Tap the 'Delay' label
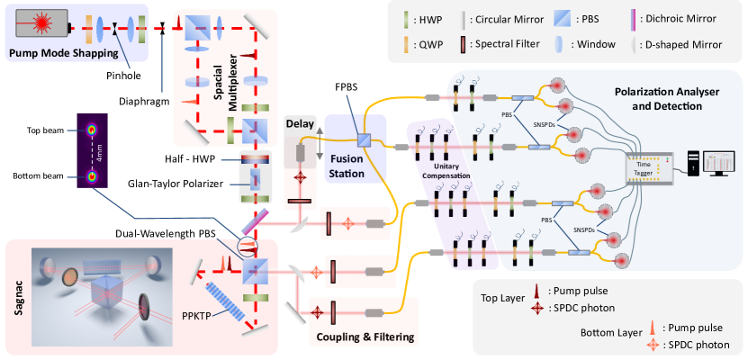[298, 122]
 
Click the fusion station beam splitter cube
[365, 139]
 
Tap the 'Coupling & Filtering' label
[366, 337]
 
